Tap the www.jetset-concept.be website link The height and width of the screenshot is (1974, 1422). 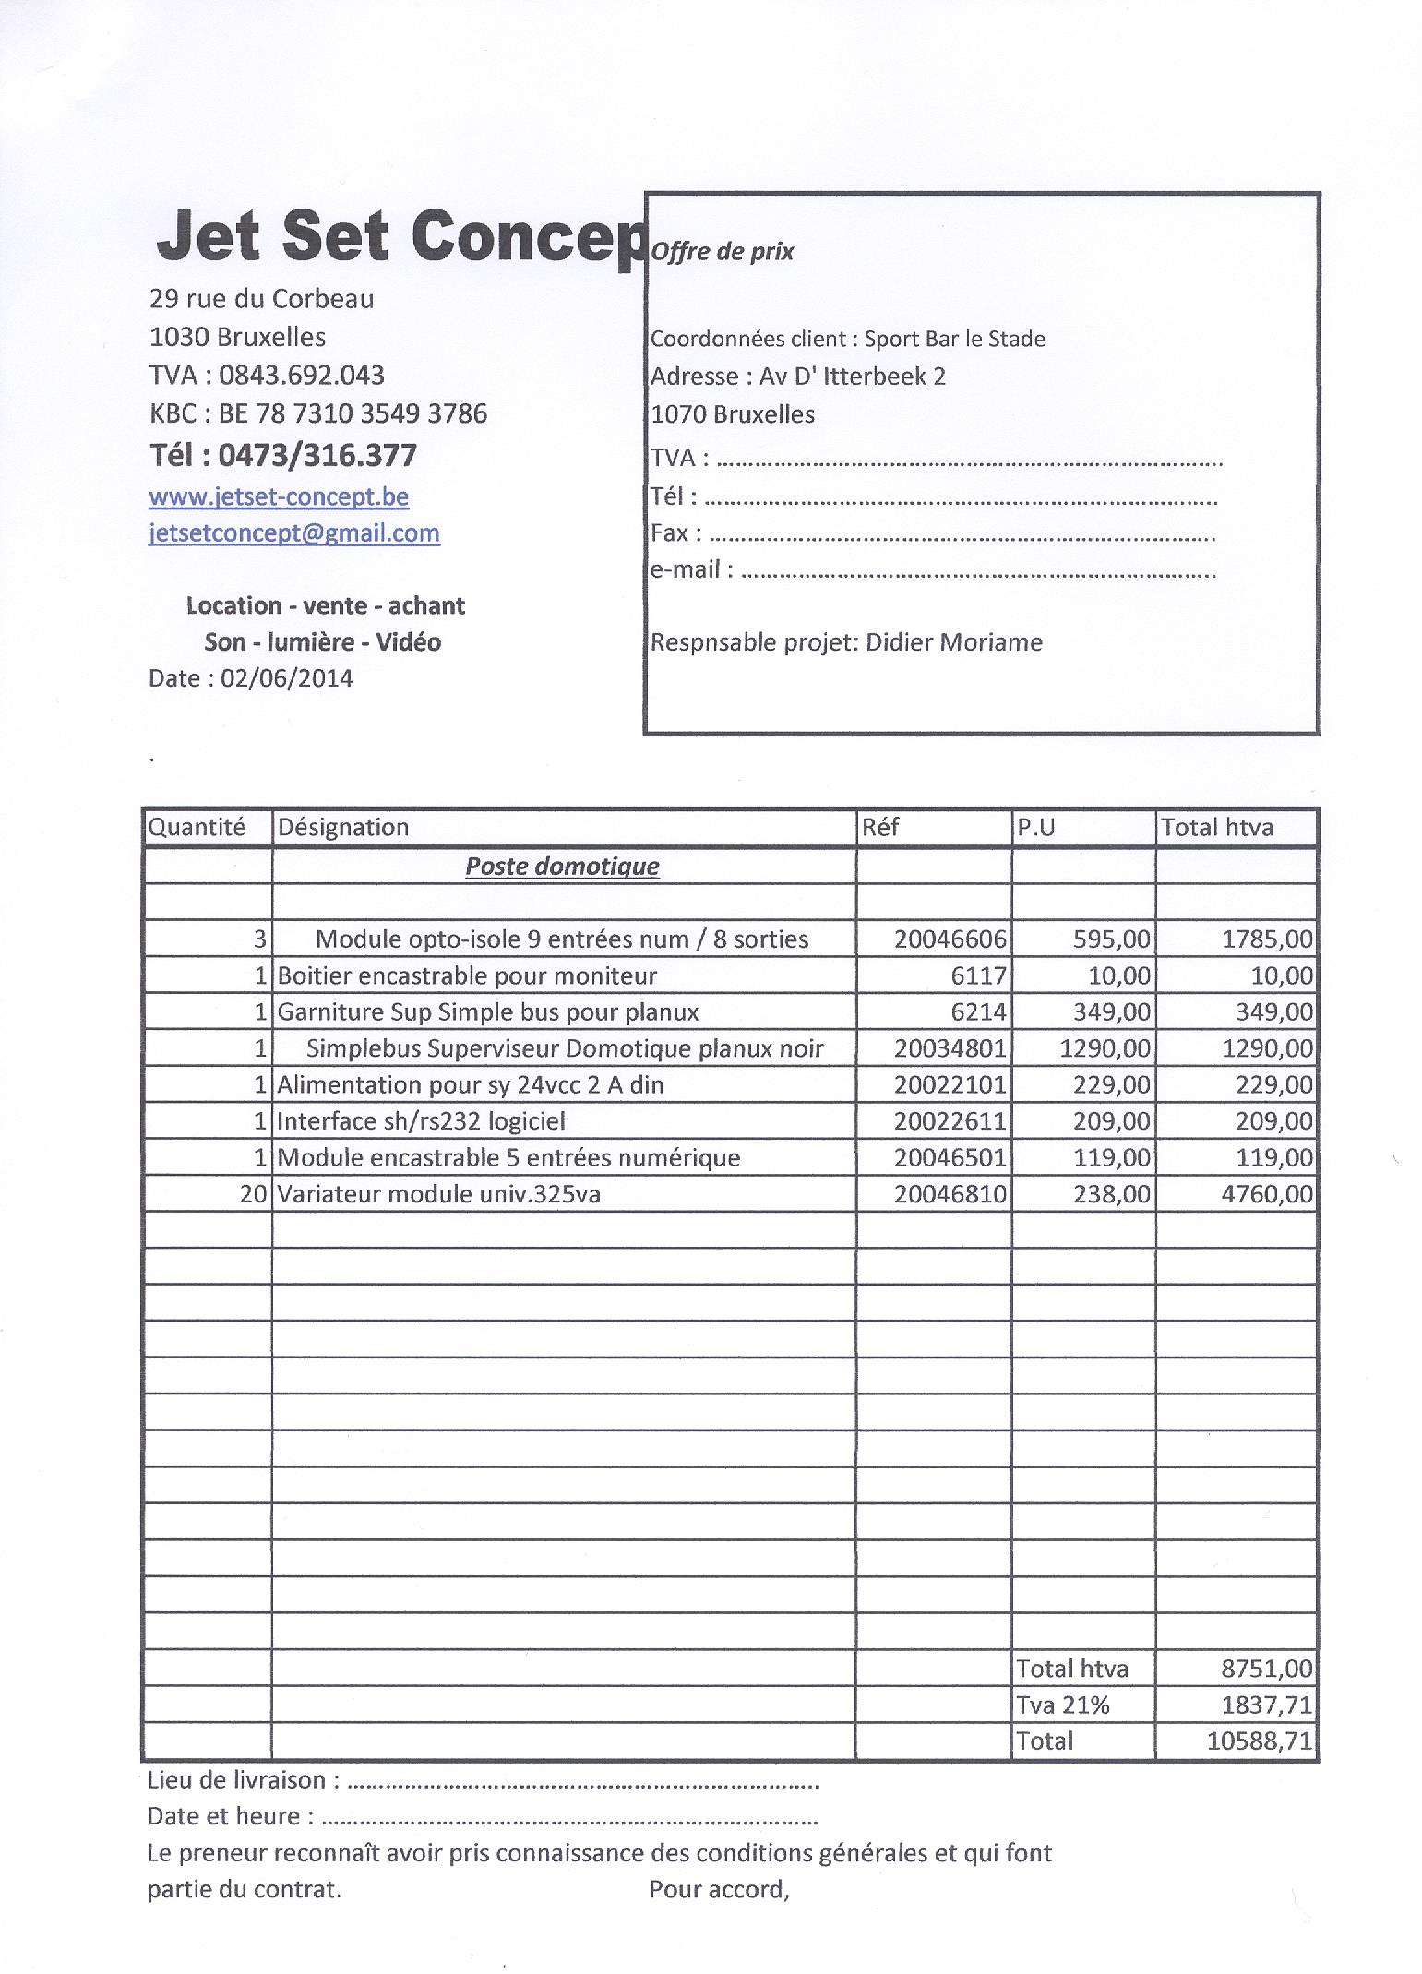(279, 496)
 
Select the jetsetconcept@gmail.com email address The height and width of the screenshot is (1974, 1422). (294, 533)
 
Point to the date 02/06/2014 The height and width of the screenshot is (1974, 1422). (287, 678)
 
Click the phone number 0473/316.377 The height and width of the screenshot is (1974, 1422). (317, 455)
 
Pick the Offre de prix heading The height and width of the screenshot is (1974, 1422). (723, 252)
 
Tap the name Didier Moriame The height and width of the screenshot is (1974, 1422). (954, 642)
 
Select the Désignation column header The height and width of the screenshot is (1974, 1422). (343, 827)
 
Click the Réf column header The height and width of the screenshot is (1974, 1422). (880, 827)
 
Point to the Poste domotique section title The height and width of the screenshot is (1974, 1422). (562, 866)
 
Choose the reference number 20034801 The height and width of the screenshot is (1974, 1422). (950, 1048)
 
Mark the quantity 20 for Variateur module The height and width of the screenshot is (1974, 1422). (253, 1194)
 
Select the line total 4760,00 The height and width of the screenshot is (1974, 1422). (1266, 1194)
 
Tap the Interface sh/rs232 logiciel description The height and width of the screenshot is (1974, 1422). (422, 1121)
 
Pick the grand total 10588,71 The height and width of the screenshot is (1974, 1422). (1259, 1741)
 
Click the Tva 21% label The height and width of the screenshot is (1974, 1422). (1062, 1705)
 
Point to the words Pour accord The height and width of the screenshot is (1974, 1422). (719, 1889)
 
